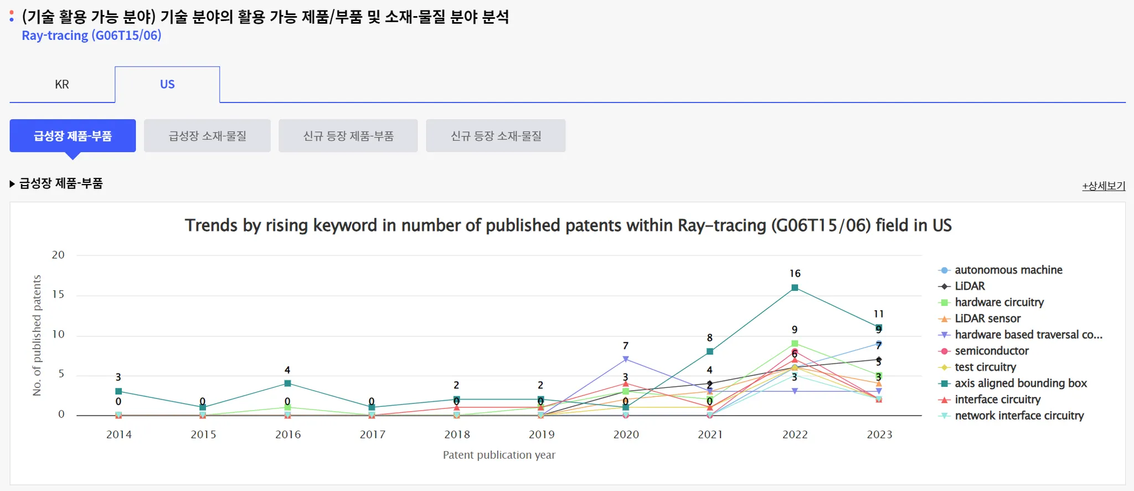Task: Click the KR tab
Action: click(62, 84)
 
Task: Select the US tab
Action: click(167, 84)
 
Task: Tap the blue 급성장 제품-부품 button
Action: click(73, 136)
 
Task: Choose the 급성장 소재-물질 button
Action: click(207, 136)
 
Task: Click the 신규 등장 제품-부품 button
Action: click(348, 136)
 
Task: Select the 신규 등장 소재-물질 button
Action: click(496, 136)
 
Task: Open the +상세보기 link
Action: click(1104, 186)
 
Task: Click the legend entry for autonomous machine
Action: click(1008, 270)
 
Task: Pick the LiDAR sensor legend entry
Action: click(987, 319)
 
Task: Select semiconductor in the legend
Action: click(991, 351)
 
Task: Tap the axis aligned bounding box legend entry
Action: click(1020, 383)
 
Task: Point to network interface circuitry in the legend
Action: click(1019, 416)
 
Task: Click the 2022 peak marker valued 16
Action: click(795, 288)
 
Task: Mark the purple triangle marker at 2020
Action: click(626, 359)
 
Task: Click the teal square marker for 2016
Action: click(287, 383)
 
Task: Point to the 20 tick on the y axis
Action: click(58, 255)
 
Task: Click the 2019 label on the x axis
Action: click(542, 434)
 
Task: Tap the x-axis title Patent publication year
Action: click(499, 455)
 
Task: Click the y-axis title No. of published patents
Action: click(37, 335)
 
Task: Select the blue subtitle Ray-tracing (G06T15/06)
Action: click(91, 35)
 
